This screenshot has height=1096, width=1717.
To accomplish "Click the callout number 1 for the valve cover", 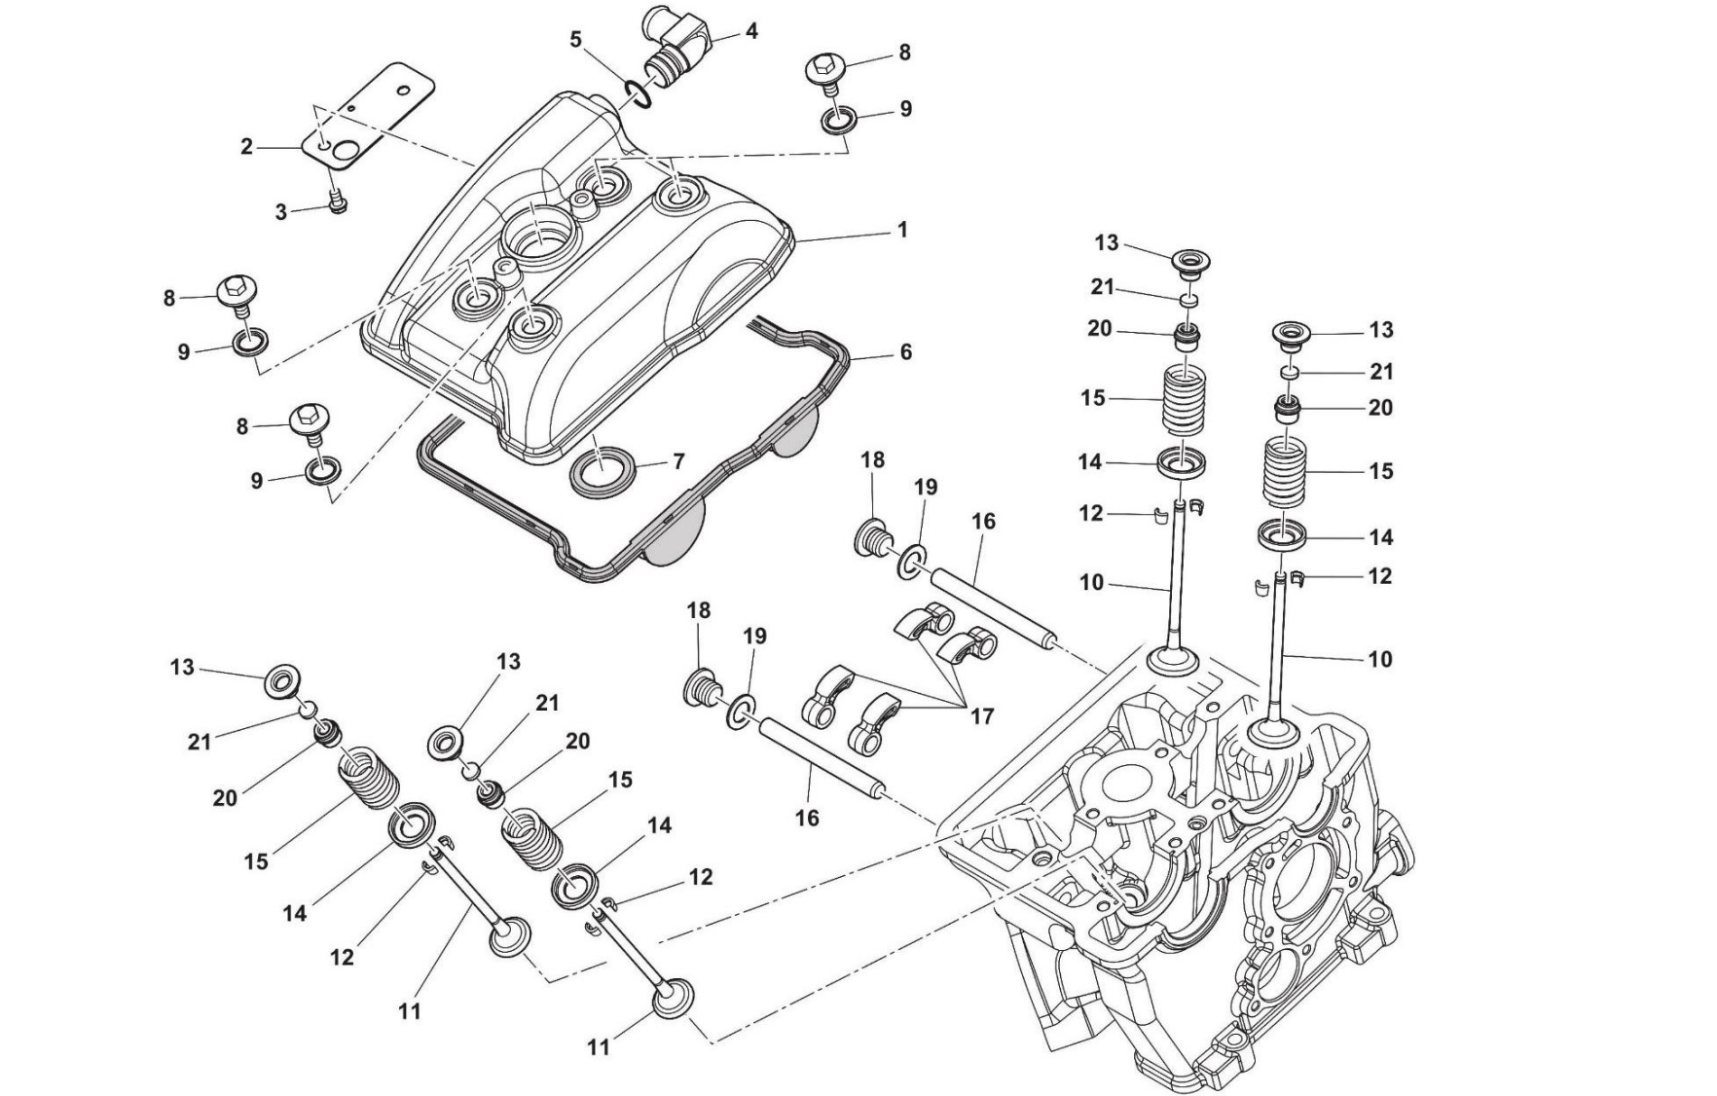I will pyautogui.click(x=902, y=231).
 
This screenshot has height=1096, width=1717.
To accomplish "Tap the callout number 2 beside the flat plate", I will pyautogui.click(x=247, y=147).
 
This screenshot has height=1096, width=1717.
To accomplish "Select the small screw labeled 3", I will pyautogui.click(x=337, y=203).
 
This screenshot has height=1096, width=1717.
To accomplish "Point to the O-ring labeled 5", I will pyautogui.click(x=636, y=92).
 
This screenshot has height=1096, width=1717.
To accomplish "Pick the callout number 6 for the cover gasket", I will pyautogui.click(x=905, y=351).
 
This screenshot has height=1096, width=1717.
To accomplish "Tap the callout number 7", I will pyautogui.click(x=678, y=461).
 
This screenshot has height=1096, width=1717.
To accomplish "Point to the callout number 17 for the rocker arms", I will pyautogui.click(x=982, y=716).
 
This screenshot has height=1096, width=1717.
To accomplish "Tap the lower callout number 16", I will pyautogui.click(x=807, y=819).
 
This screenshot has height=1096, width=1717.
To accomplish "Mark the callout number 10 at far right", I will pyautogui.click(x=1379, y=659).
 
